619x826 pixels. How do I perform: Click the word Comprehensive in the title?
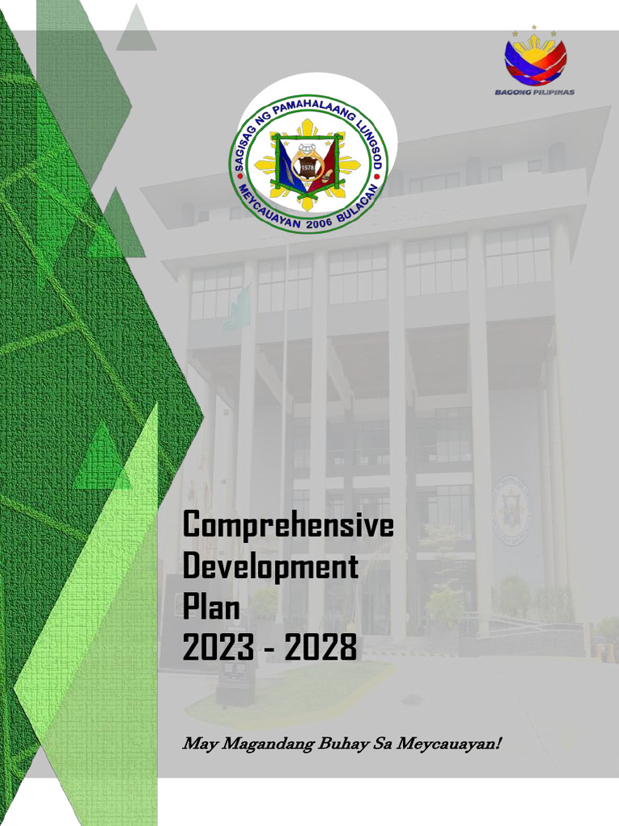point(288,526)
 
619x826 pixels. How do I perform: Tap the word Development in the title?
point(270,567)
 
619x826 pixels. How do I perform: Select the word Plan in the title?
point(211,607)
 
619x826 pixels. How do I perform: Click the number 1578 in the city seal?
point(307,167)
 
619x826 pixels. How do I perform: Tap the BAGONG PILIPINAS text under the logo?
point(534,92)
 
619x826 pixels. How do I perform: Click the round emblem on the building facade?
point(512,511)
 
